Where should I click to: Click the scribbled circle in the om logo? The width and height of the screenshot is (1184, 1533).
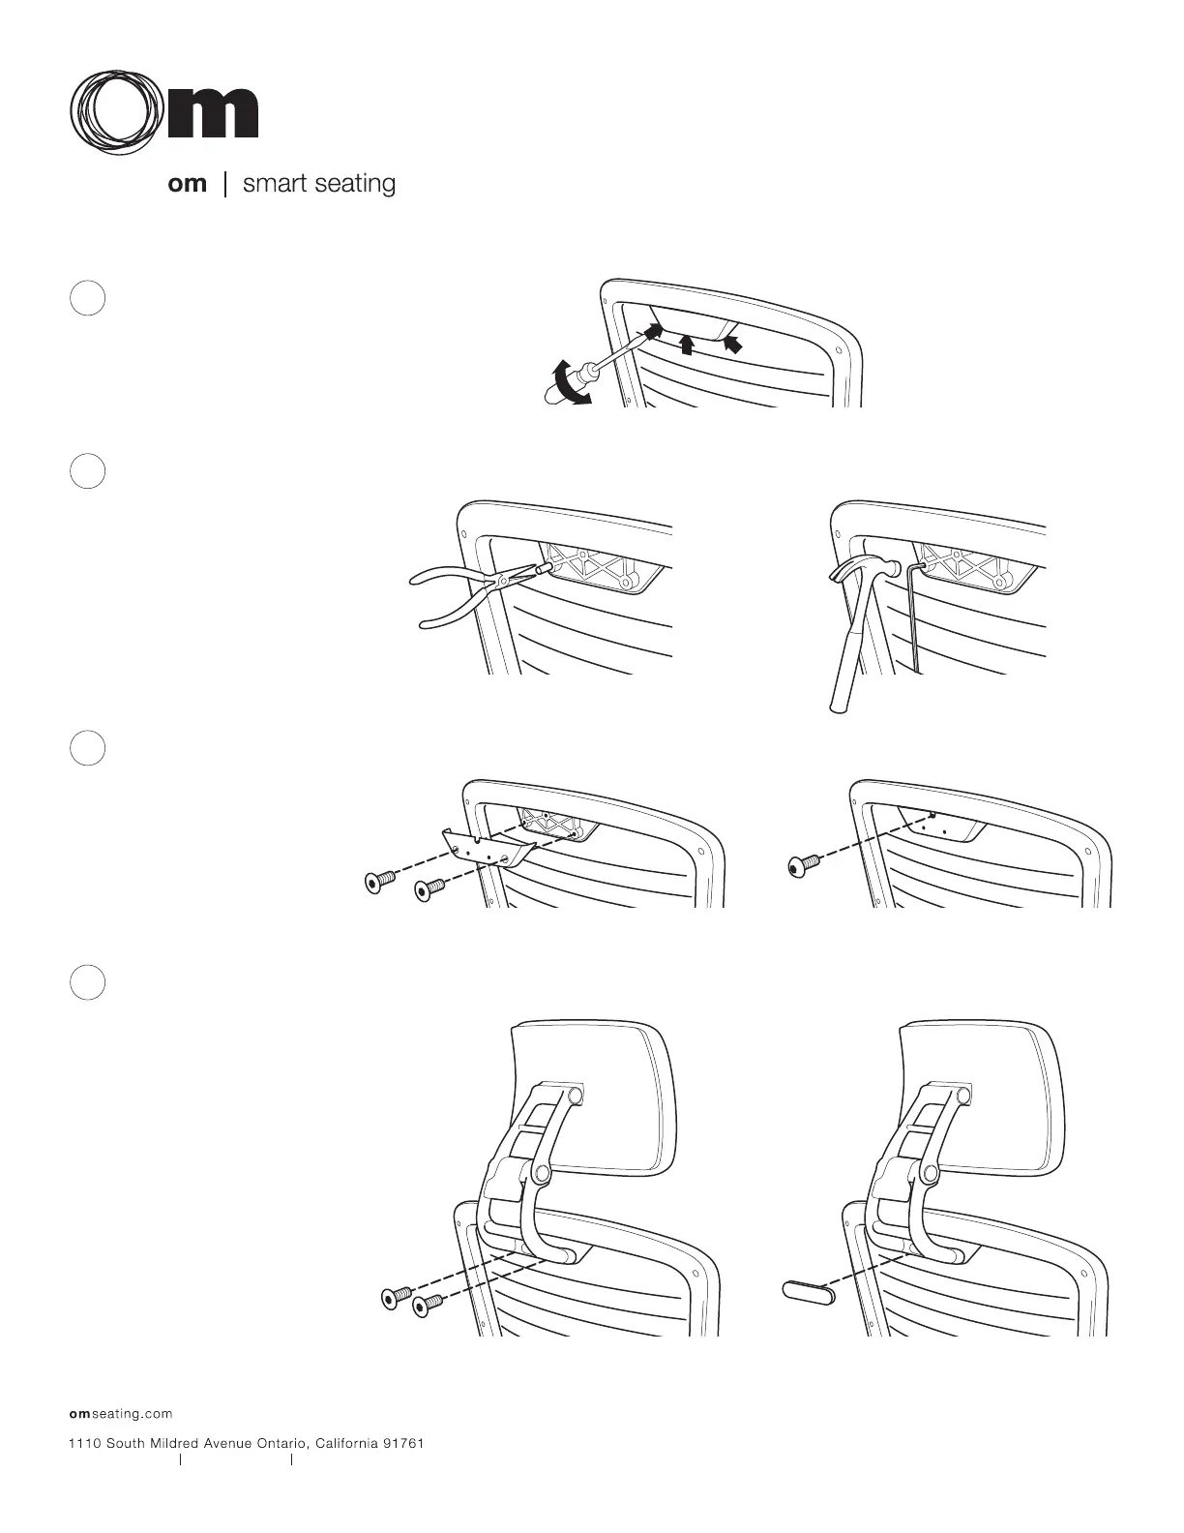coord(115,112)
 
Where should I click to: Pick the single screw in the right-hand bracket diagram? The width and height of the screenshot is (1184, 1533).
coord(805,863)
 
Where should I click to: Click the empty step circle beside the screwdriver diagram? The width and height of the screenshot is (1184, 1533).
coord(88,298)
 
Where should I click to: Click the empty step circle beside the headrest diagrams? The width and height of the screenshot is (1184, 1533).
coord(88,982)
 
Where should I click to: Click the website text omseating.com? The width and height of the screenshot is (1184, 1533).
coord(120,1414)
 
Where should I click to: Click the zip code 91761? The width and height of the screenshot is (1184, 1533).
coord(403,1443)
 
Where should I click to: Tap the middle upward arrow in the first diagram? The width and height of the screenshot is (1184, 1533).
coord(687,344)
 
